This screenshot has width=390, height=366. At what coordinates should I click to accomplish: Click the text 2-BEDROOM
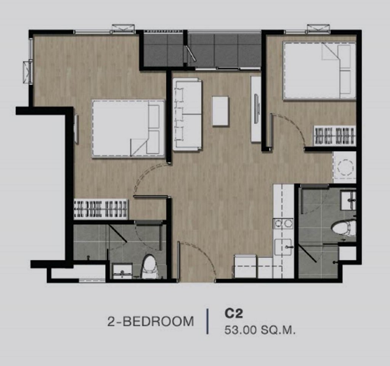[150, 321]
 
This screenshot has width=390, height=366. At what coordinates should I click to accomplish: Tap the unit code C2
[233, 313]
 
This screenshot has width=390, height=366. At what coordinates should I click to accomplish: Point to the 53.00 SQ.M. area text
[260, 331]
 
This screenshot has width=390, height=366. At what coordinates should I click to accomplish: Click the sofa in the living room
[187, 114]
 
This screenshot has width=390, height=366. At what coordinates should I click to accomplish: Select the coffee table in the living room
[220, 111]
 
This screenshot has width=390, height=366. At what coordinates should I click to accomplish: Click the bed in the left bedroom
[128, 128]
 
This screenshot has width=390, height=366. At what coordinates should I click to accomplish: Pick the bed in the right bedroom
[319, 71]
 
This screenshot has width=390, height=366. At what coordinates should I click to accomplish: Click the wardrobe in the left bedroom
[101, 209]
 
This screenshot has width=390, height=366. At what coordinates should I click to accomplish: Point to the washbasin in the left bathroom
[122, 271]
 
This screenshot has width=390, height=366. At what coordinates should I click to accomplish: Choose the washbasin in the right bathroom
[348, 200]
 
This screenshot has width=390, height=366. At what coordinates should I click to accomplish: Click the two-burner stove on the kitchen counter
[283, 224]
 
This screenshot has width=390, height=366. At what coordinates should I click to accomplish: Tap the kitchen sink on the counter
[283, 247]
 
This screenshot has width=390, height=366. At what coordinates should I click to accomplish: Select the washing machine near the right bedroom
[344, 167]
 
